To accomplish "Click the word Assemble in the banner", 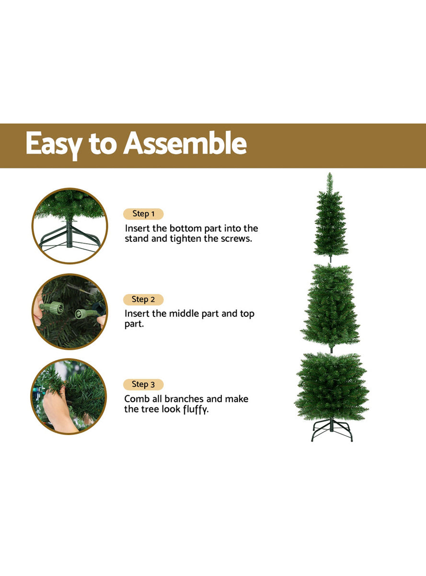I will (185, 144).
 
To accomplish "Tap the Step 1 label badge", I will (143, 214).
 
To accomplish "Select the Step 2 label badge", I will (143, 300).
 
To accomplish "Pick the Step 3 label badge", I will (143, 384).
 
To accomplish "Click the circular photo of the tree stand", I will (70, 226).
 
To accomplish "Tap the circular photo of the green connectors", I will (70, 312).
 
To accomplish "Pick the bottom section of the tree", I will (332, 386).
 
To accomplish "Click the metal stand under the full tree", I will (332, 431).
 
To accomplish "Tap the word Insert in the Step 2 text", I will (138, 314).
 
